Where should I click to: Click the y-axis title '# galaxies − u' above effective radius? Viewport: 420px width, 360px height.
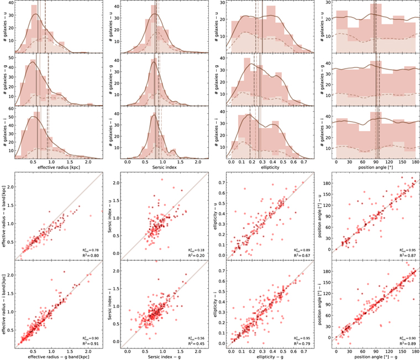[5, 27]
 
